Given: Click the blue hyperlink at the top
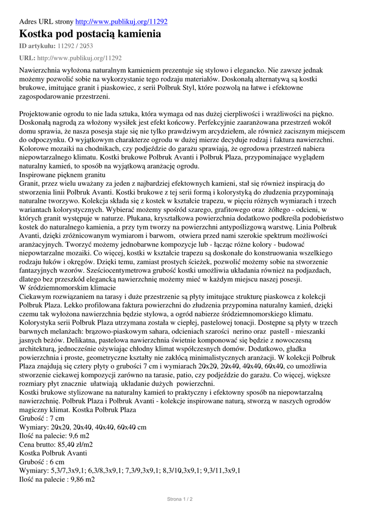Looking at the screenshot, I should tap(121, 22).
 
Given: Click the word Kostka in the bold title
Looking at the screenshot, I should tap(38, 34).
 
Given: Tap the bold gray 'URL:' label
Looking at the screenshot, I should tap(27, 58).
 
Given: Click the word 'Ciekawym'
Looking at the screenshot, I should tap(35, 296).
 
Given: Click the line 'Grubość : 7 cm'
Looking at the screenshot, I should tap(42, 418).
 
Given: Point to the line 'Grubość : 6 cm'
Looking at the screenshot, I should tap(42, 462).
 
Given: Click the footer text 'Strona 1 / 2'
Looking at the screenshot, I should tap(180, 499).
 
